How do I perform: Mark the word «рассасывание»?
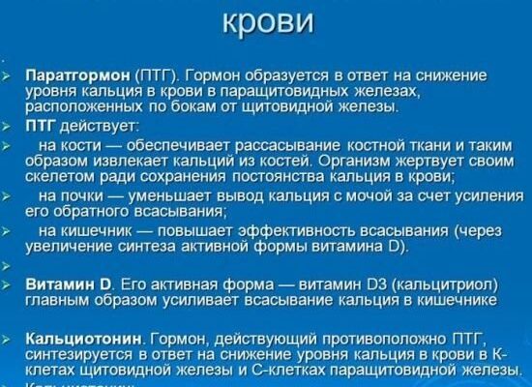pyautogui.click(x=252, y=144)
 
